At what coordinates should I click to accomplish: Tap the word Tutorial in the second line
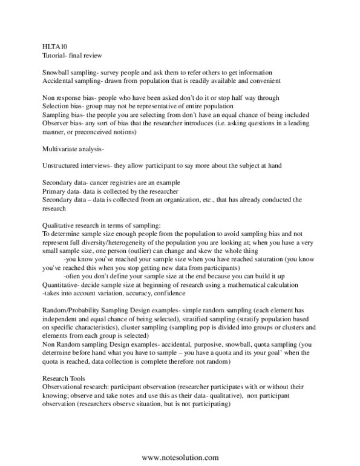point(53,54)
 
